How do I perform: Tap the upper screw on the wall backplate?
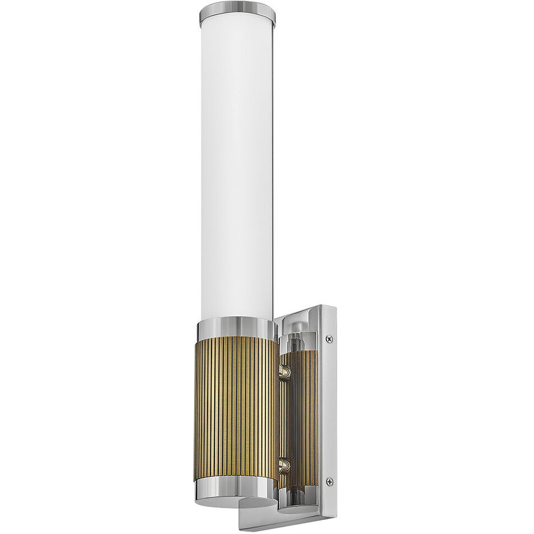tap(329, 339)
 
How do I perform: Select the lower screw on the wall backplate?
tap(329, 481)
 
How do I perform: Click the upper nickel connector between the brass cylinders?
tap(285, 371)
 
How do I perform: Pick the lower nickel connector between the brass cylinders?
tap(285, 464)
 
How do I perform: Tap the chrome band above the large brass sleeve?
tap(236, 328)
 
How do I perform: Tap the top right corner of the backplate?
tap(334, 307)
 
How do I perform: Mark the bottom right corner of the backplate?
tap(334, 515)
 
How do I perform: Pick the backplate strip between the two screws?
tap(329, 409)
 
